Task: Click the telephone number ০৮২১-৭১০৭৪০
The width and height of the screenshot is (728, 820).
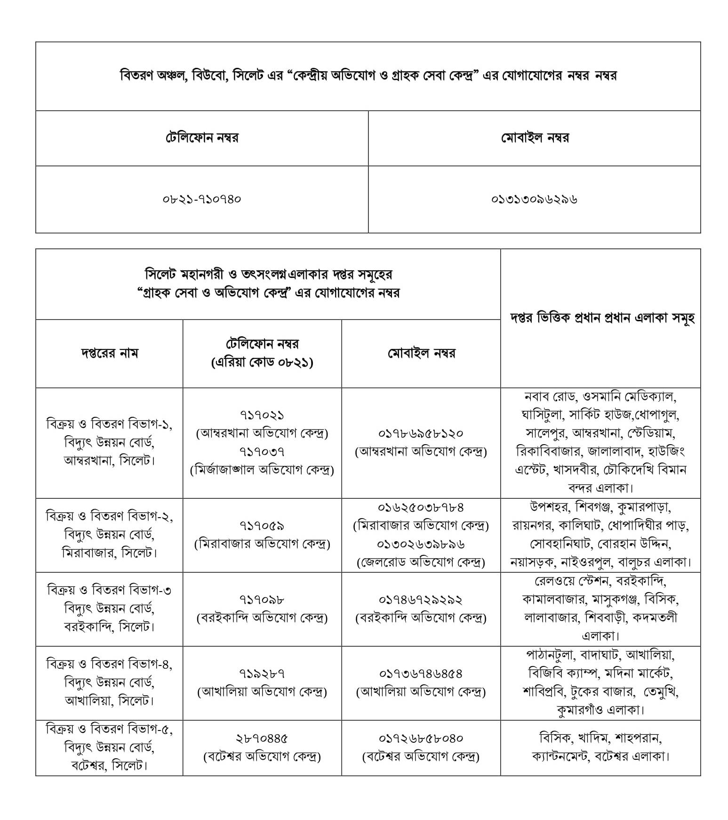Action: tap(202, 199)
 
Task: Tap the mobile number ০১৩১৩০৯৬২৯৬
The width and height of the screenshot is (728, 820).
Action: tap(534, 199)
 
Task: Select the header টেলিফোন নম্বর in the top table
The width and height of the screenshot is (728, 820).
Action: tap(202, 138)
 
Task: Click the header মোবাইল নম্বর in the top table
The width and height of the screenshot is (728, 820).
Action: tap(535, 138)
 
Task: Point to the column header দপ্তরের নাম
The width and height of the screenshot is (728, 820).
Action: tap(109, 353)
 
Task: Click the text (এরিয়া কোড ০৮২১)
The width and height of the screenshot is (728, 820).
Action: tap(262, 362)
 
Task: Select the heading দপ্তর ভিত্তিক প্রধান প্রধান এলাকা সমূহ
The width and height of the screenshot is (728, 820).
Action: tap(602, 318)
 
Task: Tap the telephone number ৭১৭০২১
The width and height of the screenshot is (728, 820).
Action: tap(262, 415)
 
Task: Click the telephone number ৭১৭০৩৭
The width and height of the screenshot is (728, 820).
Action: tap(262, 452)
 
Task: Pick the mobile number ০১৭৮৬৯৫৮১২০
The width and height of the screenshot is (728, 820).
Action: tap(421, 433)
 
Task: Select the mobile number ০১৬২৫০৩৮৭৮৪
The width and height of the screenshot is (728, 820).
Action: tap(421, 507)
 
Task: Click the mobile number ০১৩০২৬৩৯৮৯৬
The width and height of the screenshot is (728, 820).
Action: tap(421, 544)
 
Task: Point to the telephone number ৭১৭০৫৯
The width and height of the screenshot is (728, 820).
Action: tap(262, 526)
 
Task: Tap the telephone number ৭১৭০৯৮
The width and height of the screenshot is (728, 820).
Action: tap(262, 600)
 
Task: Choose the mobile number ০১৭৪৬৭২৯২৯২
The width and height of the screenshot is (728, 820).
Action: tap(421, 600)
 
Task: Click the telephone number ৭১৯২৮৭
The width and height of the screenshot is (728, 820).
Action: tap(262, 674)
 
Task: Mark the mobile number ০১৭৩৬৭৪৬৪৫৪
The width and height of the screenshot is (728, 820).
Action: tap(421, 674)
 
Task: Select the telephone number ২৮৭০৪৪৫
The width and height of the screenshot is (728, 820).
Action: tap(262, 738)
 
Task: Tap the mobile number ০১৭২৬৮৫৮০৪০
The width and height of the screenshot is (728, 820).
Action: tap(421, 738)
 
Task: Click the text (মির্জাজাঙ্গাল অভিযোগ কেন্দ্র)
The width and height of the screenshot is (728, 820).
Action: tap(262, 470)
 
